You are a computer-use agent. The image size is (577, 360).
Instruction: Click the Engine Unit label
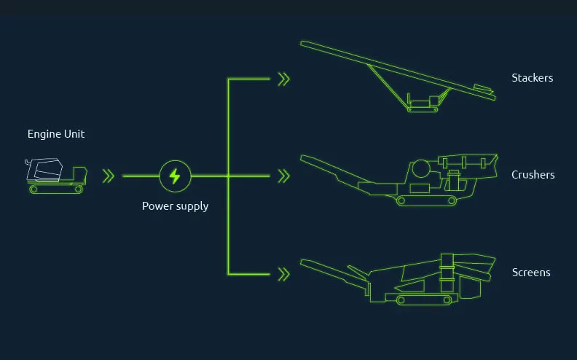pyautogui.click(x=56, y=134)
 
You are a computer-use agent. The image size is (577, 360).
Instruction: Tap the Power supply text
pyautogui.click(x=175, y=206)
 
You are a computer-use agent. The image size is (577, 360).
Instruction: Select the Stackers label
pyautogui.click(x=532, y=78)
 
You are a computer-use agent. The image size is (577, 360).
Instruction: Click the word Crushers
pyautogui.click(x=533, y=174)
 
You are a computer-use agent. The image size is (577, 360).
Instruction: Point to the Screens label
pyautogui.click(x=531, y=273)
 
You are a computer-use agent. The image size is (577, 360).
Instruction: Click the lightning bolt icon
pyautogui.click(x=175, y=176)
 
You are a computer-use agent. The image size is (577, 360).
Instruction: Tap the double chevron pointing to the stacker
pyautogui.click(x=283, y=79)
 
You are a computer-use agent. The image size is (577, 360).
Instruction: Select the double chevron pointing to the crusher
pyautogui.click(x=283, y=176)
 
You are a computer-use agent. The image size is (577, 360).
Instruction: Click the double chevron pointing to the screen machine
pyautogui.click(x=283, y=274)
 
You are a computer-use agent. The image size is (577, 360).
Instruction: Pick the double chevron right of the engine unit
pyautogui.click(x=108, y=176)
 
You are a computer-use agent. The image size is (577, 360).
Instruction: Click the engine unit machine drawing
pyautogui.click(x=56, y=176)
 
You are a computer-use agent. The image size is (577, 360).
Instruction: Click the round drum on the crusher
pyautogui.click(x=421, y=169)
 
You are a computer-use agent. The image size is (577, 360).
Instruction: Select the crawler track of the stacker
pyautogui.click(x=423, y=109)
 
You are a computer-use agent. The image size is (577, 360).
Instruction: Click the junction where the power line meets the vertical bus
pyautogui.click(x=228, y=176)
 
